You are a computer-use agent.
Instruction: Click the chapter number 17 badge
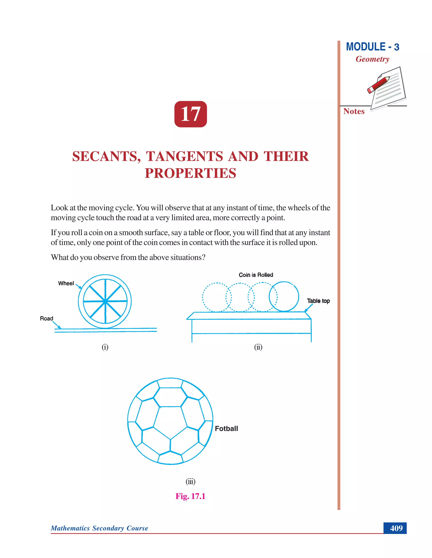190,114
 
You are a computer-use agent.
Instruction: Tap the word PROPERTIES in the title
190,173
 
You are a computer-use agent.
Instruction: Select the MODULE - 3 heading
372,47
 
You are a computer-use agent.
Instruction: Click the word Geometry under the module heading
372,59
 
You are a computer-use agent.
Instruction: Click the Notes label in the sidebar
354,111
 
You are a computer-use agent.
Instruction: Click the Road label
46,318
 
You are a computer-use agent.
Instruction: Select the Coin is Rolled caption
256,275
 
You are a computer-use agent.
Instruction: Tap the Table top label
318,301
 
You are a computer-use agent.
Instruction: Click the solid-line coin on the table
284,297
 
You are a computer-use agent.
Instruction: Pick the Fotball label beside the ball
226,429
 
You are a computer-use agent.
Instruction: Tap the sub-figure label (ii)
258,347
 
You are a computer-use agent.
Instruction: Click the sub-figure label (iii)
190,482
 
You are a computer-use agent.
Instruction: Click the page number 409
396,528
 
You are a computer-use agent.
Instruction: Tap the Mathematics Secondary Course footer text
99,528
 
